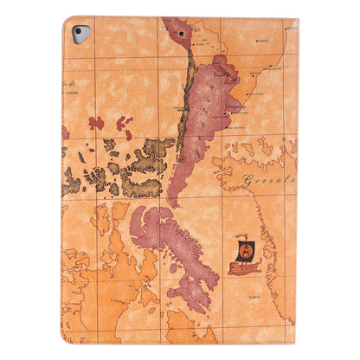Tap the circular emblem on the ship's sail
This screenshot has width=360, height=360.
[245, 251]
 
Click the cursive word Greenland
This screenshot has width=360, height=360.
[267, 181]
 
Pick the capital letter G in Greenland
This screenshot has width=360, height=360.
[247, 181]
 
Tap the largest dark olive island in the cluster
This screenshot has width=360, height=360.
[138, 181]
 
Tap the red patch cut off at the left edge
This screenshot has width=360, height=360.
[65, 132]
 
